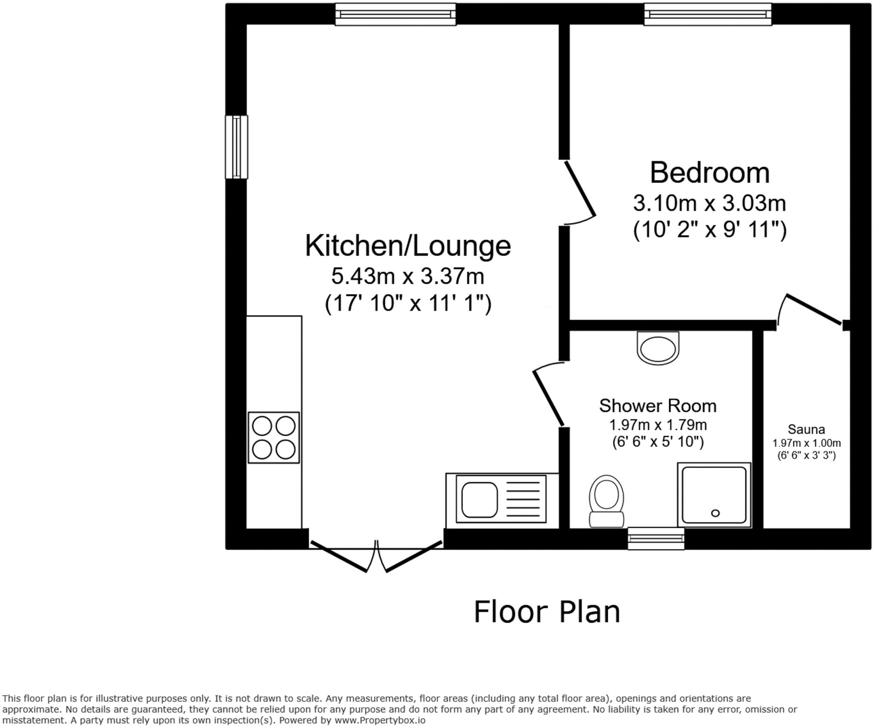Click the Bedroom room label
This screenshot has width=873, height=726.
coord(709,173)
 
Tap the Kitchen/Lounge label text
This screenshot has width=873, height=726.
coord(408,246)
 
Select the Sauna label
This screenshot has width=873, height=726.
coord(806,429)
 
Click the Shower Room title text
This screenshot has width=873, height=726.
coord(657,406)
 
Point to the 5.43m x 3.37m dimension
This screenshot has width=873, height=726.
coord(408,276)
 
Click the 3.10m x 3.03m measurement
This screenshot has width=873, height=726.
coord(709,203)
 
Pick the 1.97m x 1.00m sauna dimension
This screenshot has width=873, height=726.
coord(807,443)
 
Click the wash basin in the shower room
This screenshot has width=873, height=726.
coord(658,348)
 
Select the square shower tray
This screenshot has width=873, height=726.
coord(714,495)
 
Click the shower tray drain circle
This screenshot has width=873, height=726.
coord(715,513)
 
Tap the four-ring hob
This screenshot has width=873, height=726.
coord(274,437)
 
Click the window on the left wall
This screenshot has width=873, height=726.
coord(236,147)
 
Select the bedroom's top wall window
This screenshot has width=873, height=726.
coord(707,14)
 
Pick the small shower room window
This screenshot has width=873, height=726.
coord(656,538)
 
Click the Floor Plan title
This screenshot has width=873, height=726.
coord(546,612)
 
